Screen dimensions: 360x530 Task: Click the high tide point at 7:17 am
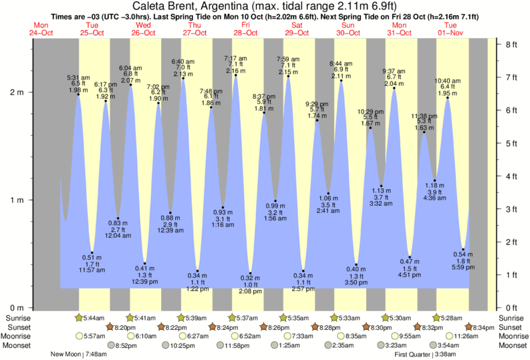[x=236, y=75]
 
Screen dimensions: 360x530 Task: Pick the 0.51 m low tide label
[x=88, y=258]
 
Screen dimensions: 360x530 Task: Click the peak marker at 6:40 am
[x=183, y=79]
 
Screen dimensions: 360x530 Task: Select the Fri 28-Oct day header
[x=245, y=29]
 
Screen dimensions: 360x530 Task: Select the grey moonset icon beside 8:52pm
[x=112, y=345]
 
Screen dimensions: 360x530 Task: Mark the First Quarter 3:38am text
[x=426, y=354]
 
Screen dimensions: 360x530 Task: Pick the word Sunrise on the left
[x=19, y=317]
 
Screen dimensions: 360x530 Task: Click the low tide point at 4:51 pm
[x=409, y=256]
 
